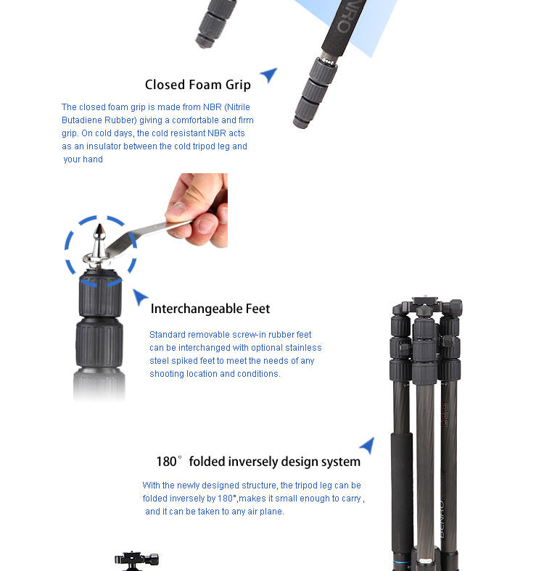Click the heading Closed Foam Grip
click(197, 85)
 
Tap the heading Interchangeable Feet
click(210, 309)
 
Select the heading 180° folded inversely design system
click(258, 462)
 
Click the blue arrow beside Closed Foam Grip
click(269, 74)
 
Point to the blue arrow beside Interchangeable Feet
click(139, 296)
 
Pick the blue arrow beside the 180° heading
click(368, 445)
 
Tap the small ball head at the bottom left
click(136, 560)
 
